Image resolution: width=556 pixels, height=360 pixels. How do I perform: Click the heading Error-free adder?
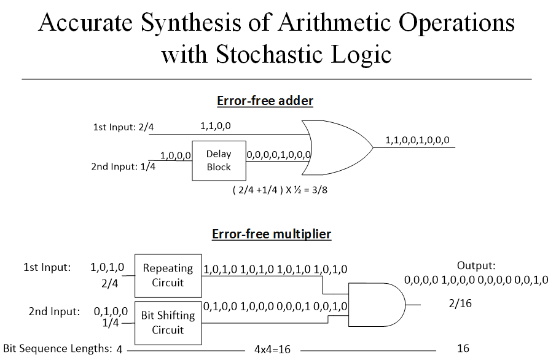click(265, 101)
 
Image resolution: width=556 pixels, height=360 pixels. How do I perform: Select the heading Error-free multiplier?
click(272, 234)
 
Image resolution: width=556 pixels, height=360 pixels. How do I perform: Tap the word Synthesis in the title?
click(191, 23)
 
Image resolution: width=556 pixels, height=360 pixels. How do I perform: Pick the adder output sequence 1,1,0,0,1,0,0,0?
click(417, 140)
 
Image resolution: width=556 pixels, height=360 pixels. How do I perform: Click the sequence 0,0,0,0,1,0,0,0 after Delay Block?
click(279, 155)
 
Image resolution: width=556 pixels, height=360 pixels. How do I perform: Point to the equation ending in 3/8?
click(280, 190)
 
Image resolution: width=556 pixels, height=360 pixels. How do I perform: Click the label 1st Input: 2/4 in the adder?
click(123, 127)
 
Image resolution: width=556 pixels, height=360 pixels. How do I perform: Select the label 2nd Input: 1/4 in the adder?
click(123, 166)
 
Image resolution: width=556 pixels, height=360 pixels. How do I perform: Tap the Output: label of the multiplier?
click(476, 265)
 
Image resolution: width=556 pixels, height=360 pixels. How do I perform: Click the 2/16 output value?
click(460, 303)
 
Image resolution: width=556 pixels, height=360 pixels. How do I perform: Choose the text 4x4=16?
click(272, 350)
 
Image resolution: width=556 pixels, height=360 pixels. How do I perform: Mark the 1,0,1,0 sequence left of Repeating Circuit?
click(107, 267)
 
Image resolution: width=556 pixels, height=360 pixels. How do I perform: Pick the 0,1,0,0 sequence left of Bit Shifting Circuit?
click(111, 311)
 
